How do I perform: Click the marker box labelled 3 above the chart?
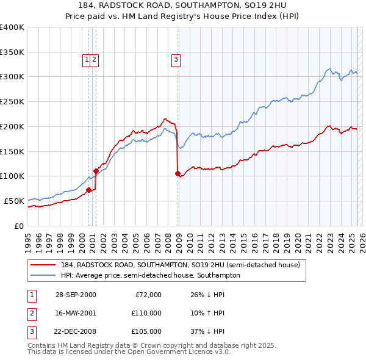pyautogui.click(x=176, y=60)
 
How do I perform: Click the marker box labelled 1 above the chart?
pyautogui.click(x=87, y=60)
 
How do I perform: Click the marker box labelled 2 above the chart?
pyautogui.click(x=96, y=60)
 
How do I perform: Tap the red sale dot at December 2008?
pyautogui.click(x=178, y=173)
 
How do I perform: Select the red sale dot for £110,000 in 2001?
pyautogui.click(x=96, y=171)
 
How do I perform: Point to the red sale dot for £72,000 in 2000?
pyautogui.click(x=89, y=190)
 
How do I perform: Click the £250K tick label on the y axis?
pyautogui.click(x=12, y=101)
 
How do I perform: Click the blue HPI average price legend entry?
pyautogui.click(x=150, y=276)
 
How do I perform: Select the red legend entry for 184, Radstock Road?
pyautogui.click(x=180, y=265)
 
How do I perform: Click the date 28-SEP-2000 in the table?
pyautogui.click(x=76, y=295)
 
